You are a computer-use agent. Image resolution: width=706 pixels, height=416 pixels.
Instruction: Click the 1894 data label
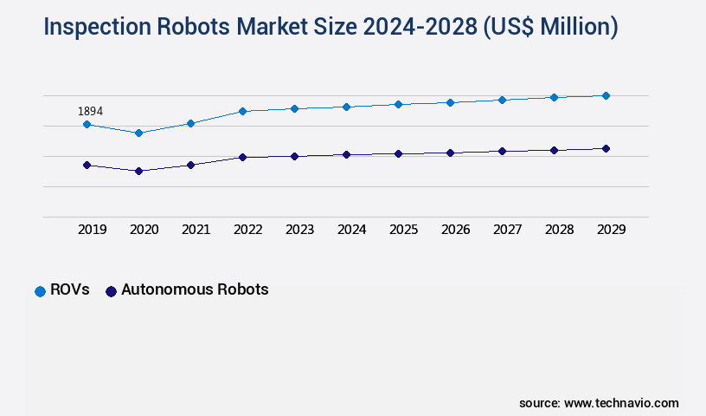(91, 111)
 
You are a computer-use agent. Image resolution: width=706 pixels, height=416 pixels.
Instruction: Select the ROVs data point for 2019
(87, 124)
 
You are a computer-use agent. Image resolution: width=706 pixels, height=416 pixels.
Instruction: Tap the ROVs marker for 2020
(138, 133)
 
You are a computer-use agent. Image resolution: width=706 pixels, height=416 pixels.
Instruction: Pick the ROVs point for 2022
(242, 111)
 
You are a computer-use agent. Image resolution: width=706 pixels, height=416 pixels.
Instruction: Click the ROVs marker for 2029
(606, 95)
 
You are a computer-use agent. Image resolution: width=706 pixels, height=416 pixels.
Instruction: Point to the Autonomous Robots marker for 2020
(138, 171)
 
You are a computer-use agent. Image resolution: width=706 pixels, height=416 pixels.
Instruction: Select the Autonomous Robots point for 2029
(606, 148)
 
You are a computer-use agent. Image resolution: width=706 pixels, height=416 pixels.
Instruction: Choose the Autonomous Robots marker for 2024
(346, 154)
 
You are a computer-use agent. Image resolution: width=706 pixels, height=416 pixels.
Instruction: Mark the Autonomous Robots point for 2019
(87, 165)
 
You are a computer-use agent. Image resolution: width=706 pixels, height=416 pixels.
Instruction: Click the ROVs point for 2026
(450, 102)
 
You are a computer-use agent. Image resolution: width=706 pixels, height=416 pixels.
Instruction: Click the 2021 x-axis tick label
(196, 230)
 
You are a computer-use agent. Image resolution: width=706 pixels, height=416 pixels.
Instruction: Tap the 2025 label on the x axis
(403, 230)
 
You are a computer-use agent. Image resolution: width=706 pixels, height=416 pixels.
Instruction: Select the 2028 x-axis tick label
(559, 230)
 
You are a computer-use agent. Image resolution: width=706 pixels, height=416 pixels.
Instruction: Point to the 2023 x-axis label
(299, 230)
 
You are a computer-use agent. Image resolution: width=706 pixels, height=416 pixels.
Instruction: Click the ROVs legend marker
(40, 291)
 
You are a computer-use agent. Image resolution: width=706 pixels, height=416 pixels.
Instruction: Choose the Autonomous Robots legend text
(195, 289)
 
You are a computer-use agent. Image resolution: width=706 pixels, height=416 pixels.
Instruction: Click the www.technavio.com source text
(621, 403)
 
